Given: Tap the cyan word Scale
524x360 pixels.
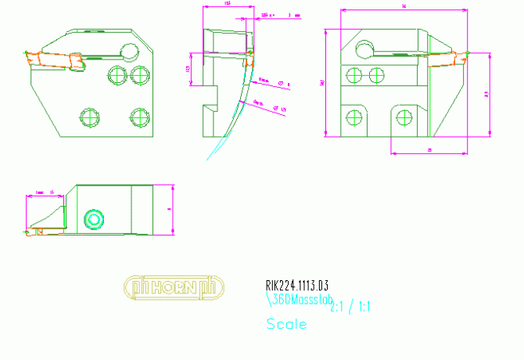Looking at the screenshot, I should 285,324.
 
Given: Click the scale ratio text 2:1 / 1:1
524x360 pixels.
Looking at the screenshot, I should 350,307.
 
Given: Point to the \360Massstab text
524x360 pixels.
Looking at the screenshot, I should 300,299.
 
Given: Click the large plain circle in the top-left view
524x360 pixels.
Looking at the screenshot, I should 129,52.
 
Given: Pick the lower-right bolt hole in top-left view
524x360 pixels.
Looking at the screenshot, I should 140,117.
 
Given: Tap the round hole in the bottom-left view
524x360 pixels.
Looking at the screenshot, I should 94,218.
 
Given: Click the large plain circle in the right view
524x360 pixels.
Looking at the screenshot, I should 364,51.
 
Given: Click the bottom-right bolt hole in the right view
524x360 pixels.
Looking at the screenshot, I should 404,117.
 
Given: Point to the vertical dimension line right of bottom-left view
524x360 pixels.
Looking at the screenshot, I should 172,210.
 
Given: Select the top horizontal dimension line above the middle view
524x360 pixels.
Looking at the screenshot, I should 228,6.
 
